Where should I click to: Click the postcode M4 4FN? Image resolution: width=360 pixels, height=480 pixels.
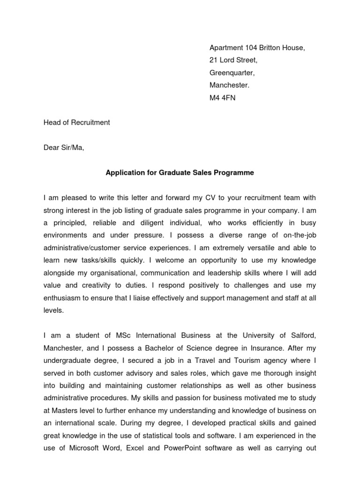click(222, 98)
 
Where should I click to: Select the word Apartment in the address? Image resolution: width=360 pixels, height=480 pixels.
click(225, 48)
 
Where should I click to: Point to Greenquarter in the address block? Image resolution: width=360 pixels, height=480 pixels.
click(232, 73)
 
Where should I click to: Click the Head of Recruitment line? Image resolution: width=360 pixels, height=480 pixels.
click(76, 122)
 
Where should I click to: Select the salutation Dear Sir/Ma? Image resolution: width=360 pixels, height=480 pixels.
click(64, 148)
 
